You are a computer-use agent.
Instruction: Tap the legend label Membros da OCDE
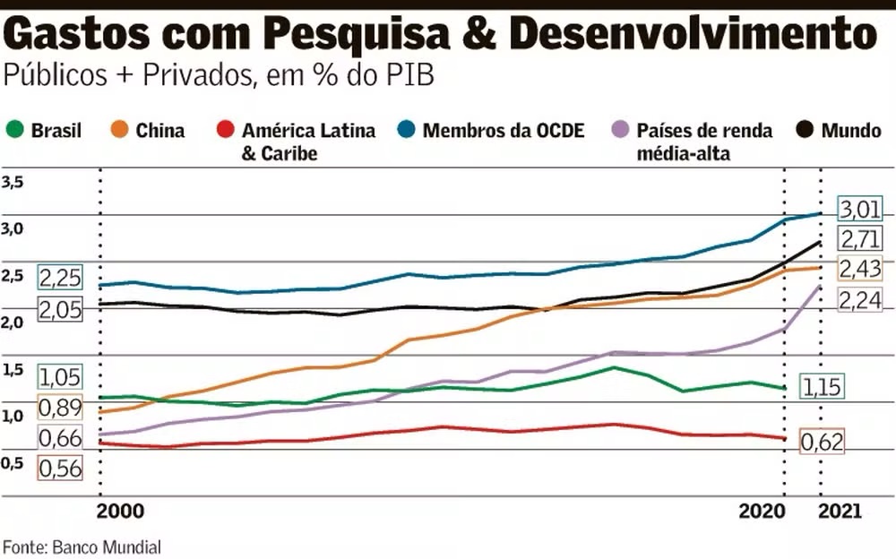pyautogui.click(x=503, y=131)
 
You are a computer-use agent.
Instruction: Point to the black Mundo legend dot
pyautogui.click(x=806, y=131)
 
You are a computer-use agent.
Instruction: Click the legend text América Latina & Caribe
pyautogui.click(x=308, y=142)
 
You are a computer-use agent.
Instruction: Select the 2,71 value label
pyautogui.click(x=859, y=239)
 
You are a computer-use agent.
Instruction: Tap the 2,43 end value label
pyautogui.click(x=859, y=269)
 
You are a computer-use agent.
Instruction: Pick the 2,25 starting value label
pyautogui.click(x=59, y=278)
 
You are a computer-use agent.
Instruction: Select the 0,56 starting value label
pyautogui.click(x=59, y=468)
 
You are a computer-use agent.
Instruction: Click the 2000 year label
pyautogui.click(x=119, y=512)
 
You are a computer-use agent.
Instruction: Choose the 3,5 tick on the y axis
pyautogui.click(x=13, y=183)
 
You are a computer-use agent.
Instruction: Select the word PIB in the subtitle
pyautogui.click(x=410, y=76)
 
